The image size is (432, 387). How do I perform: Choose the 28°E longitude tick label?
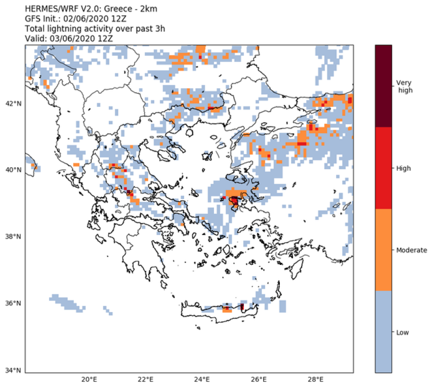coord(316,379)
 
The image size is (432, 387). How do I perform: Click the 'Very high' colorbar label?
coord(405,86)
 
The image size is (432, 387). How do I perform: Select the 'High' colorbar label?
coord(403,168)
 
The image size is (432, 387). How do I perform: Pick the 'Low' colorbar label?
coord(402,332)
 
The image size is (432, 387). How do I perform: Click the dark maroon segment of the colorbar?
coord(383,86)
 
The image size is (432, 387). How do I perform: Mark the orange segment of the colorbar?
coord(383,250)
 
